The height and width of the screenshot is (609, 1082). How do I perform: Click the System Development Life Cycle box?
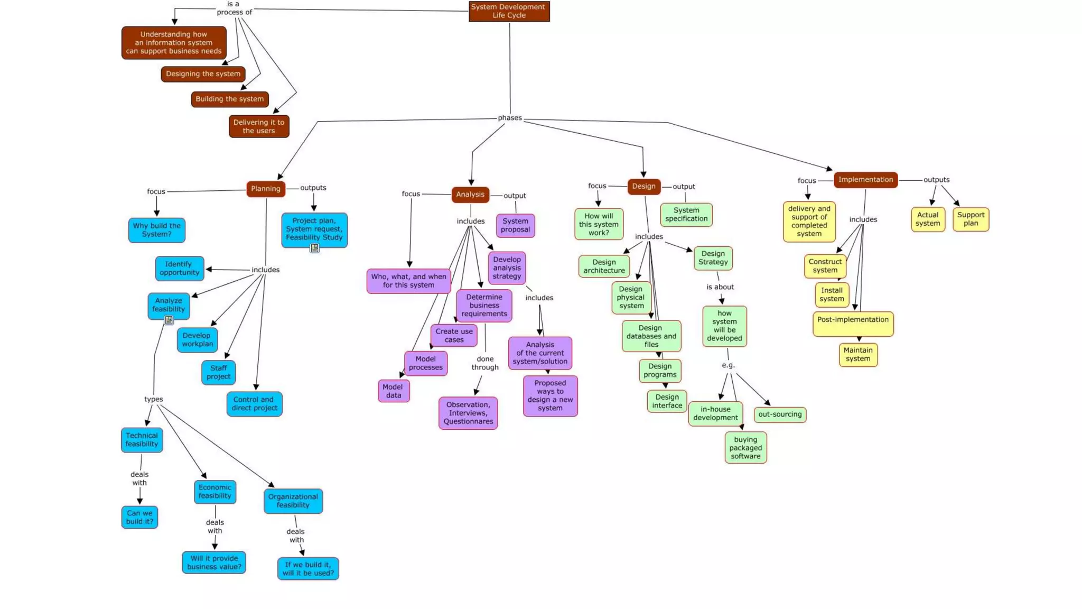coord(509,11)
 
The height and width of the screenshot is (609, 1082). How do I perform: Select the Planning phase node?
coord(266,189)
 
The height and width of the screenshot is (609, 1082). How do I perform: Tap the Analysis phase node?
coord(470,195)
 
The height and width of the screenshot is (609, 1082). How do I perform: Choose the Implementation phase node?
coord(865,180)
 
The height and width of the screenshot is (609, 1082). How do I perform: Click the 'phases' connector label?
coord(510,118)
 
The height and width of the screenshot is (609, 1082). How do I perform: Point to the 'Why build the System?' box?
coord(157,230)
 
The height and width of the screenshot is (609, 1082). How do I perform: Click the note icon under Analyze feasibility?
coord(169,320)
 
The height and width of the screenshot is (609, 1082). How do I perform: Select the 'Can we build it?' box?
coord(139,517)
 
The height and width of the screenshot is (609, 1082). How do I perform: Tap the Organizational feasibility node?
coord(293,501)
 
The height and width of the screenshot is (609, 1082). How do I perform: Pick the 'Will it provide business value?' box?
coord(214,562)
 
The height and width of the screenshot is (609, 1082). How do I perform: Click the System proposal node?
coord(515,225)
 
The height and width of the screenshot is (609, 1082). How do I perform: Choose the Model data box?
coord(394,391)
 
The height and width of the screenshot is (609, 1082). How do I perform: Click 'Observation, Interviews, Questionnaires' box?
coord(468,413)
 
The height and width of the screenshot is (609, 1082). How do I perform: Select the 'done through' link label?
coord(485,363)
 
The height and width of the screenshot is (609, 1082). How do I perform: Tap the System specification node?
coord(686,215)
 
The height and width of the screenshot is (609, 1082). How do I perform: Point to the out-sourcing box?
coord(780,414)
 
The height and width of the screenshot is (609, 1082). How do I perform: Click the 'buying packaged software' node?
coord(745,448)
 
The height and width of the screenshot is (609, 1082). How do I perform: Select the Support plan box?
coord(971,219)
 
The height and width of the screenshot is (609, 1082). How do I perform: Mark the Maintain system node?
coord(858,355)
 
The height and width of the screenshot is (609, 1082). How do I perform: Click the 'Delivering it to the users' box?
coord(259,126)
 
